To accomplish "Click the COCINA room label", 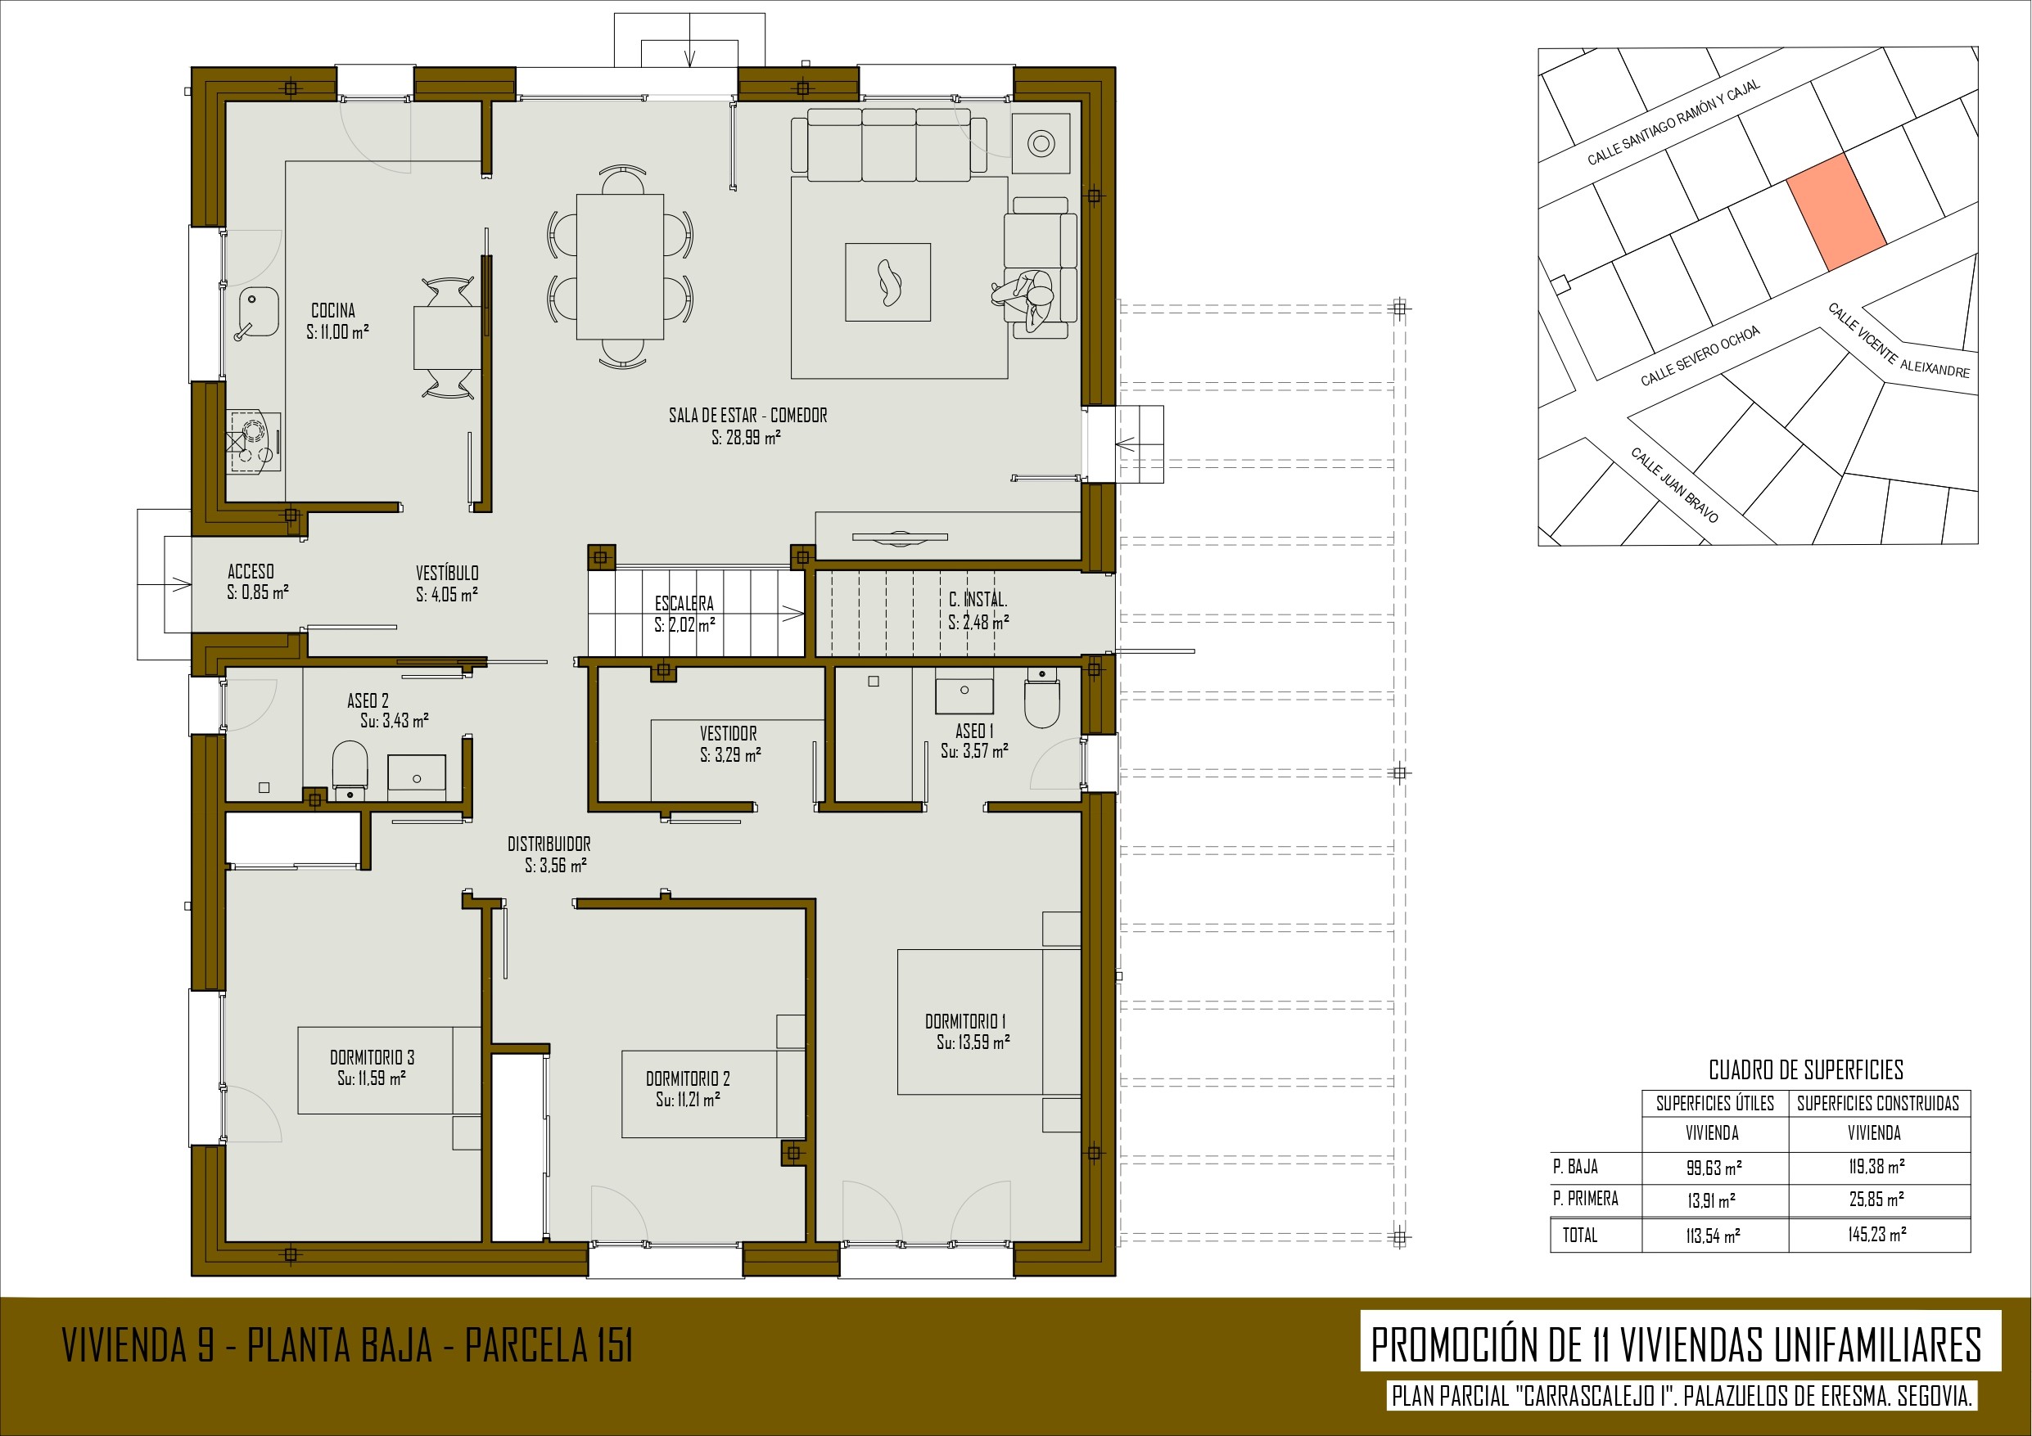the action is point(334,311).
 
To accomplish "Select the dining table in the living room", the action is point(620,266).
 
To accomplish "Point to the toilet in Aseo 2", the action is point(350,766).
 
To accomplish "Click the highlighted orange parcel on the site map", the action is point(1836,211).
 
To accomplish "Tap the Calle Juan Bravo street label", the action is point(1674,485).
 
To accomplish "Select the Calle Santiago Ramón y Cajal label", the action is point(1673,122).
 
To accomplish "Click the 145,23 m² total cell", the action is point(1877,1234).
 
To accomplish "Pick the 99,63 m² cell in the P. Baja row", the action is point(1714,1167).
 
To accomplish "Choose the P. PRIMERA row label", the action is point(1585,1199).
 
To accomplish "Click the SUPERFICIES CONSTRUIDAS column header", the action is point(1878,1103).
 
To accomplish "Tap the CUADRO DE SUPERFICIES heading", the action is point(1805,1070).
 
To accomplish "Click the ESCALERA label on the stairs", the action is point(684,603).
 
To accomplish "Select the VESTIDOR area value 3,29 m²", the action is point(730,754).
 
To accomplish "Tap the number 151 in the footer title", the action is point(611,1346).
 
